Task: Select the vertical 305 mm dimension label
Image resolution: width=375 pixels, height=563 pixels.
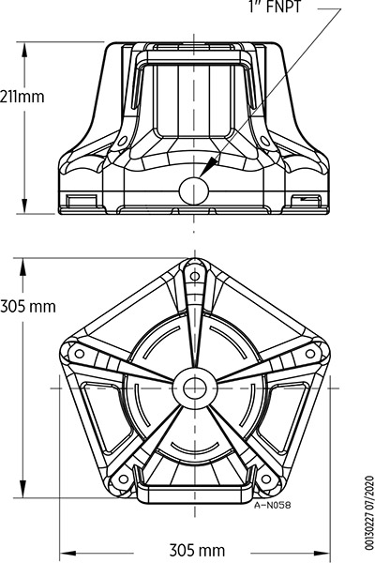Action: [x=28, y=306]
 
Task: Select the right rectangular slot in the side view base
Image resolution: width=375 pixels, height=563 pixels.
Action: [x=307, y=200]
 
